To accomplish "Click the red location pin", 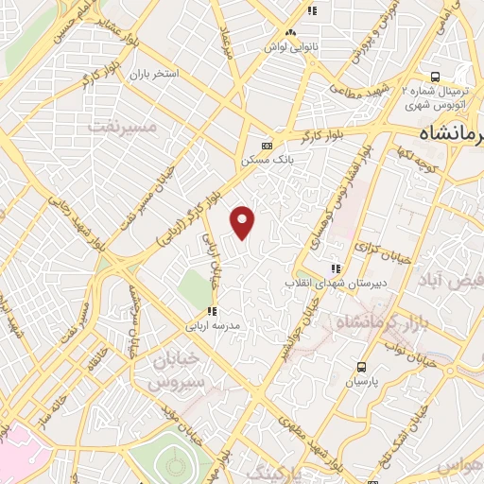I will (244, 221).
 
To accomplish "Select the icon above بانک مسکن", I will (268, 146).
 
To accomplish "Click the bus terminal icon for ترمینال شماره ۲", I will (434, 77).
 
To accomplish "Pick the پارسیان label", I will (361, 381).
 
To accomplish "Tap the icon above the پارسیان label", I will (361, 367).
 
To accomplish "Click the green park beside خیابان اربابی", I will (197, 285).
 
